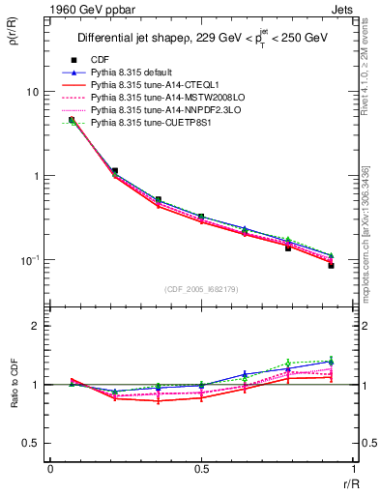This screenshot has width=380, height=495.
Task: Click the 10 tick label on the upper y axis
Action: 32,92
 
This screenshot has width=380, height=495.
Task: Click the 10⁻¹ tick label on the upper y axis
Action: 29,260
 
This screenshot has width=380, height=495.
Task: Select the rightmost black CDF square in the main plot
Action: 331,265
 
